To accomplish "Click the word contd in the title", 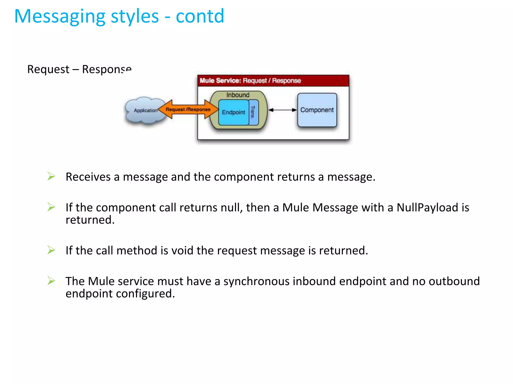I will pos(200,16).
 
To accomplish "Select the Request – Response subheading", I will pos(79,69).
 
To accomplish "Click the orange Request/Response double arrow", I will pos(188,109).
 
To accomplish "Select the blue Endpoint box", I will pos(233,112).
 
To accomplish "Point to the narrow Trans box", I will pos(253,112).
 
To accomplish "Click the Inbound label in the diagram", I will pos(238,95).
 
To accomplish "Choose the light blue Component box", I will pos(317,110).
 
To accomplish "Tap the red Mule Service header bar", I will pos(273,80).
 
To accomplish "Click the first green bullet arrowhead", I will pos(51,176).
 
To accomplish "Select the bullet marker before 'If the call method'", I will pos(51,250).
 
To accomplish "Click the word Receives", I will pos(88,177).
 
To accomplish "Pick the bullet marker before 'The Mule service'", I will pos(51,280).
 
